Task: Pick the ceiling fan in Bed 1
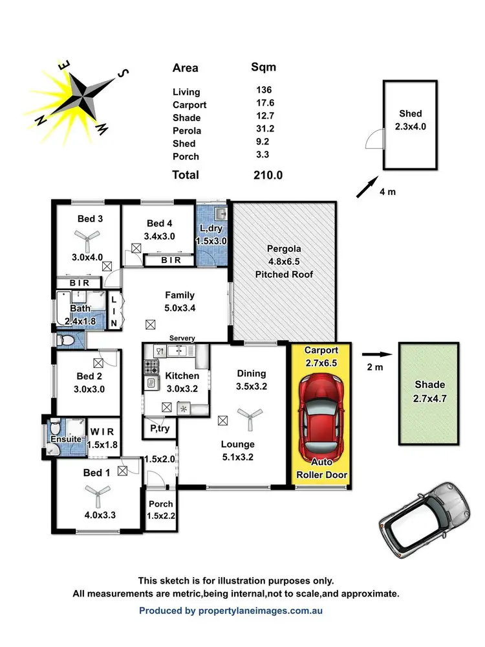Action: point(98,497)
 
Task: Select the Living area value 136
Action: point(264,91)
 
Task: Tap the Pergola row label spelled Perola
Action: point(187,131)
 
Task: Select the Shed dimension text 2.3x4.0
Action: point(411,127)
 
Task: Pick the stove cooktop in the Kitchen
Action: point(152,367)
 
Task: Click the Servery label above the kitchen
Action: point(182,339)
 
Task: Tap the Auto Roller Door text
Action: point(322,470)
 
